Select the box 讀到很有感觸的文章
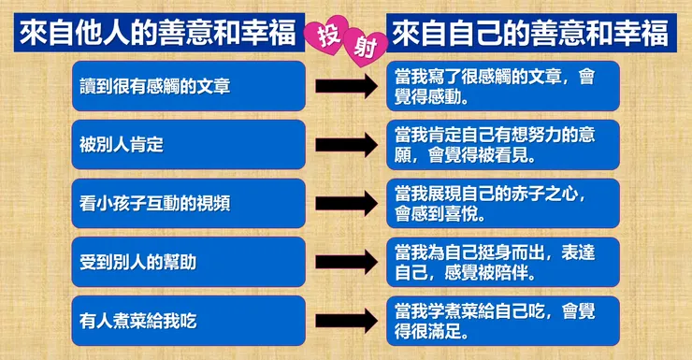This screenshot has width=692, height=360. pyautogui.click(x=188, y=86)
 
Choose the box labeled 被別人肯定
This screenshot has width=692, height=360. pyautogui.click(x=188, y=145)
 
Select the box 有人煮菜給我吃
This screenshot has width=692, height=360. pyautogui.click(x=188, y=321)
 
